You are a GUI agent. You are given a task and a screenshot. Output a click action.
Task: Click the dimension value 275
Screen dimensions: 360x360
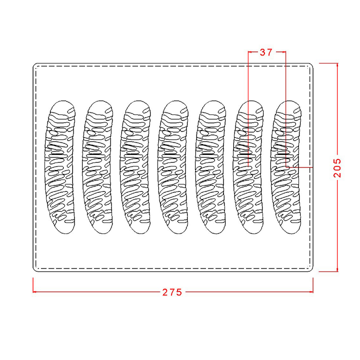[x=172, y=292]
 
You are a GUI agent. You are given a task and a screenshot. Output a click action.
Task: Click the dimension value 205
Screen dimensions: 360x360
[x=337, y=168]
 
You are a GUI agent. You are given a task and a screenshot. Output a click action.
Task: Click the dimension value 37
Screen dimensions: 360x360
[x=266, y=52]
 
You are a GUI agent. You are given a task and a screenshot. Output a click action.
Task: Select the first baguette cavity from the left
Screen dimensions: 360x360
[x=60, y=167]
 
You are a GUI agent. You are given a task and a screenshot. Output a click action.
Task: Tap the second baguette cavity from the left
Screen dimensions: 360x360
[x=97, y=167]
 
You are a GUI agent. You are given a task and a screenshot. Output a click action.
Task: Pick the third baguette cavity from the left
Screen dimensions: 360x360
[x=135, y=167]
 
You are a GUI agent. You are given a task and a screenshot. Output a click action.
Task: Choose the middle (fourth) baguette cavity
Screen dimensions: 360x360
[x=173, y=167]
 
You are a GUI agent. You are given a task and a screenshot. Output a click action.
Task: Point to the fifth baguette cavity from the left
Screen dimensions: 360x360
[x=210, y=167]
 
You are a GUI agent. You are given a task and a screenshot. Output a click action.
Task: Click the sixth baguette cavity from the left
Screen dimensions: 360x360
[x=248, y=167]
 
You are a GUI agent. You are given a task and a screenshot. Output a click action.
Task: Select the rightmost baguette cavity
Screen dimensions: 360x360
[x=286, y=167]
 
